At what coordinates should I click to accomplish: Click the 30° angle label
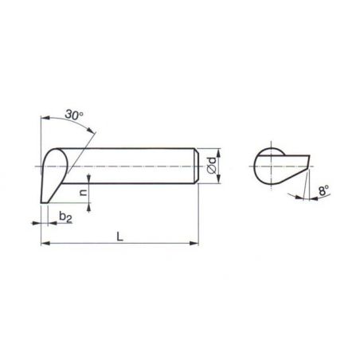click(x=74, y=115)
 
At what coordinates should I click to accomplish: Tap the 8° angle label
click(x=323, y=190)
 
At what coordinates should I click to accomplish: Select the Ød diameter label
click(x=213, y=166)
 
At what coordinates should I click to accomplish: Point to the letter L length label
click(x=120, y=237)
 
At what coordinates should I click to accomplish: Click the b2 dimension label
click(x=65, y=217)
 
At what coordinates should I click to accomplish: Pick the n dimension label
click(x=83, y=192)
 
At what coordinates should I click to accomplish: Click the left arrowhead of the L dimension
click(x=45, y=243)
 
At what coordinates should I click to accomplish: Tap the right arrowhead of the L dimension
click(x=194, y=243)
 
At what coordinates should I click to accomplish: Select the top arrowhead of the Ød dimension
click(x=218, y=153)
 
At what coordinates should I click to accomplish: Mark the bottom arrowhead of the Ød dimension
click(x=218, y=179)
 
